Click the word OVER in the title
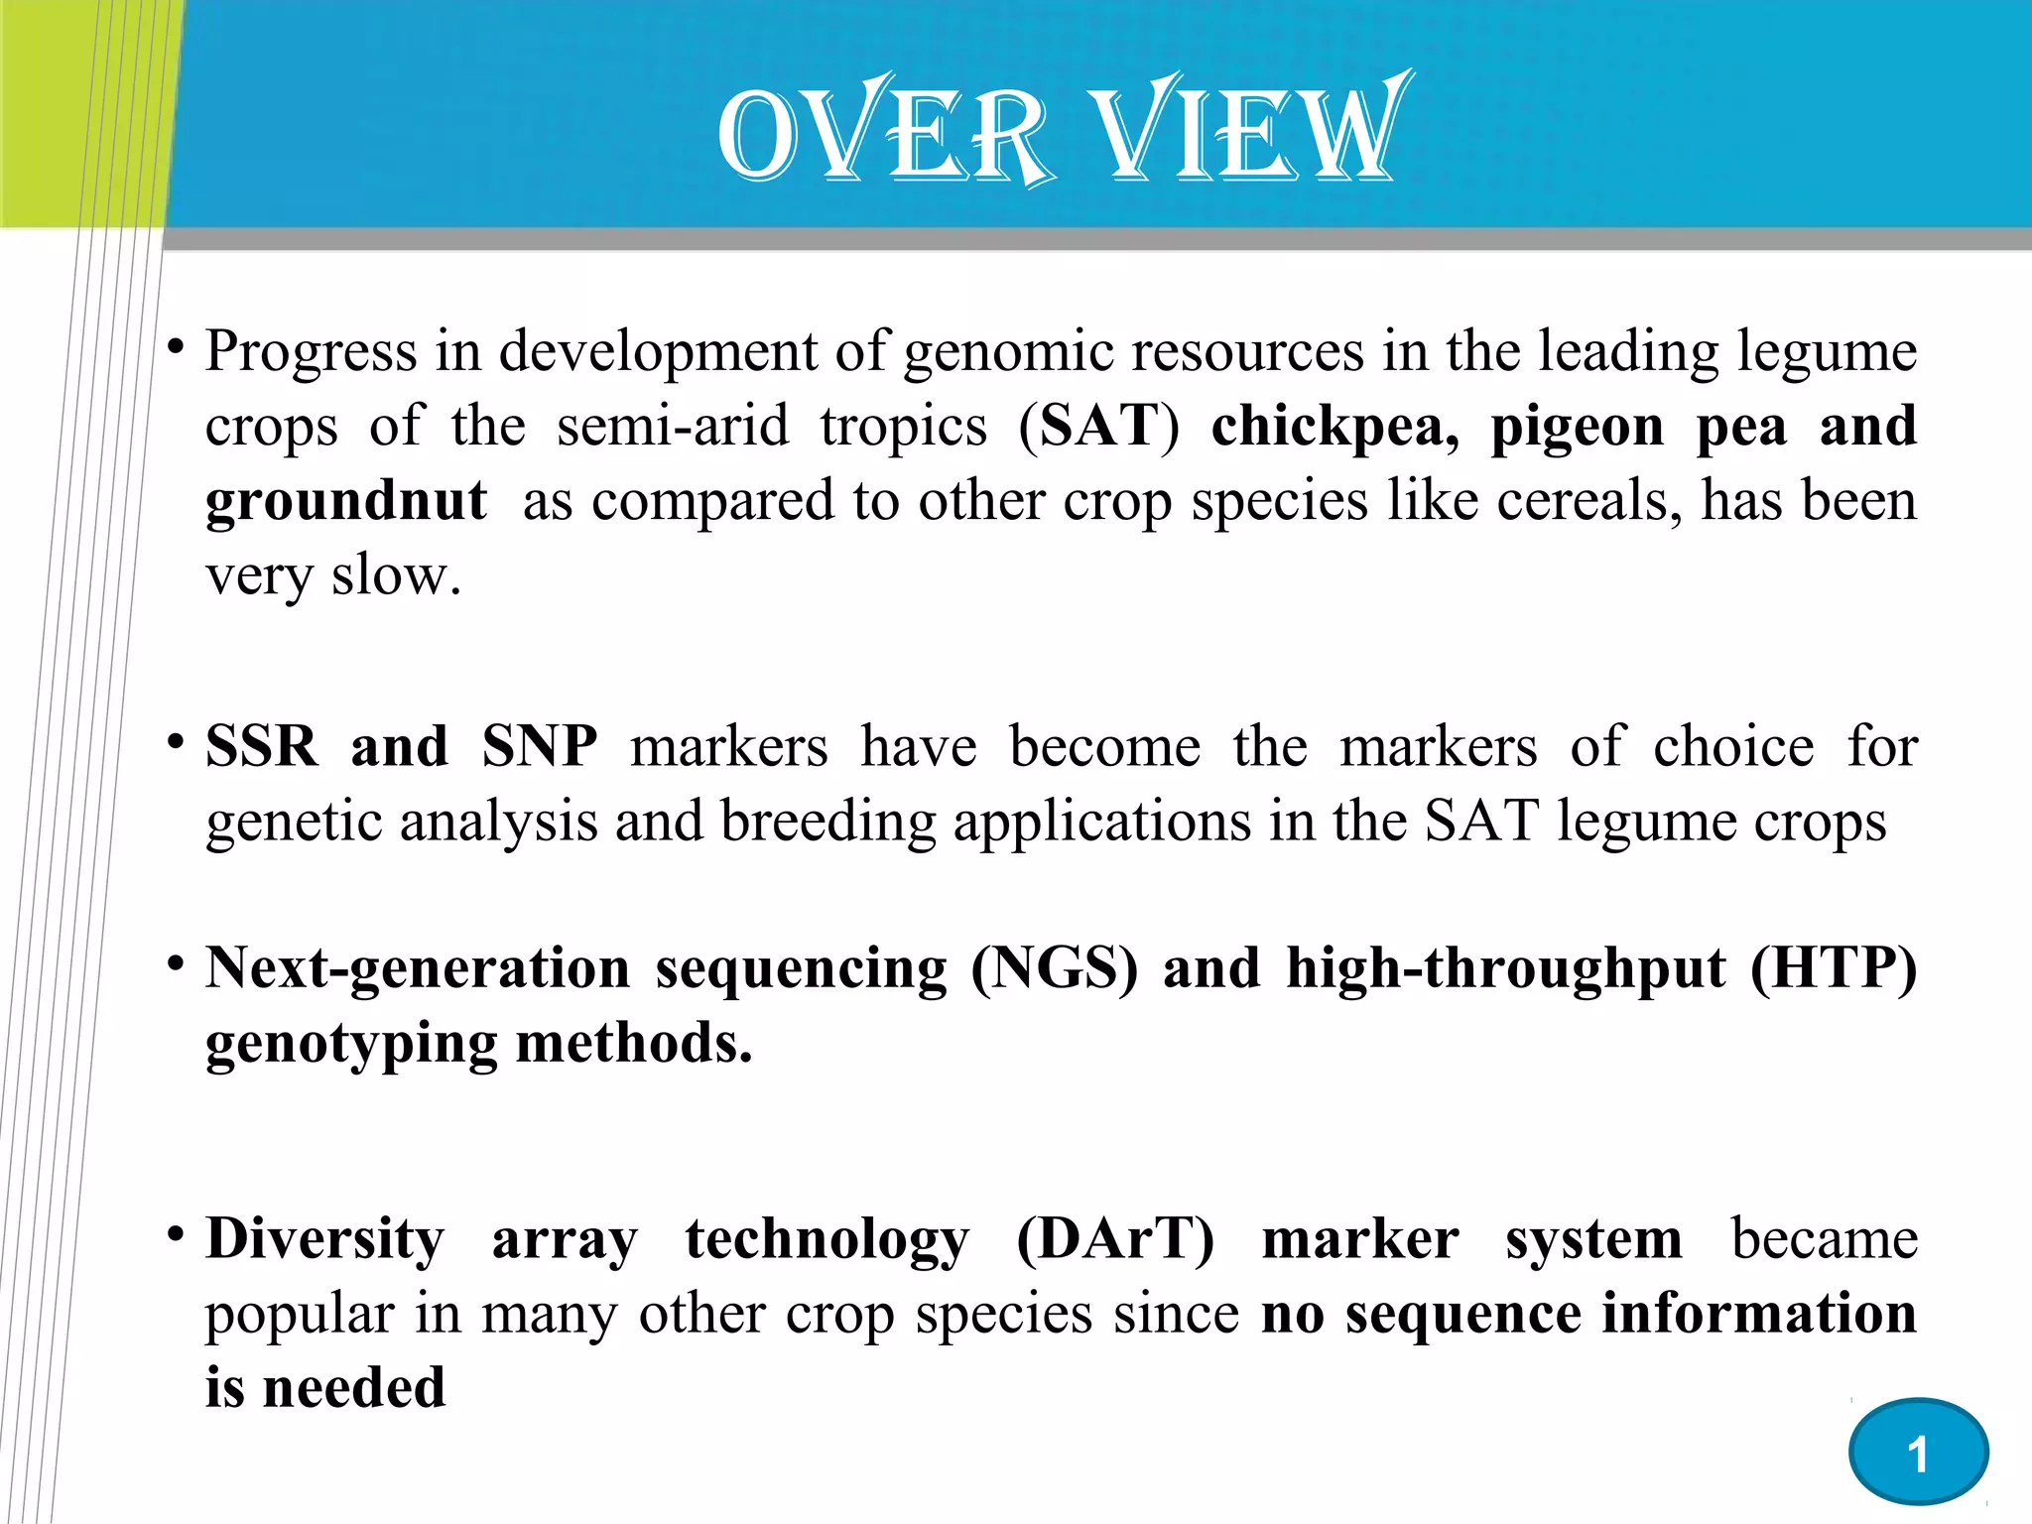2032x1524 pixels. tap(883, 134)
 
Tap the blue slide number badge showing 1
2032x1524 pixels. tap(1918, 1453)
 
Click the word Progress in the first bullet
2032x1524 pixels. tap(311, 352)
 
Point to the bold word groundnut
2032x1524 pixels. tap(346, 500)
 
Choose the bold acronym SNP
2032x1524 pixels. tap(540, 746)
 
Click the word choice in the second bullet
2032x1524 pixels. tap(1732, 746)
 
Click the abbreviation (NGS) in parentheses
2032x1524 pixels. tap(1054, 968)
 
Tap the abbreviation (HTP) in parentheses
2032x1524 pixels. tap(1834, 968)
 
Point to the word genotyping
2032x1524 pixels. tap(351, 1045)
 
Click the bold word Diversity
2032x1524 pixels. tap(325, 1240)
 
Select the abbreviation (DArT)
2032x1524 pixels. tap(1115, 1240)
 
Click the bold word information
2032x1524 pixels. tap(1759, 1314)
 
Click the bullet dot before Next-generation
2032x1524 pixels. tap(176, 962)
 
